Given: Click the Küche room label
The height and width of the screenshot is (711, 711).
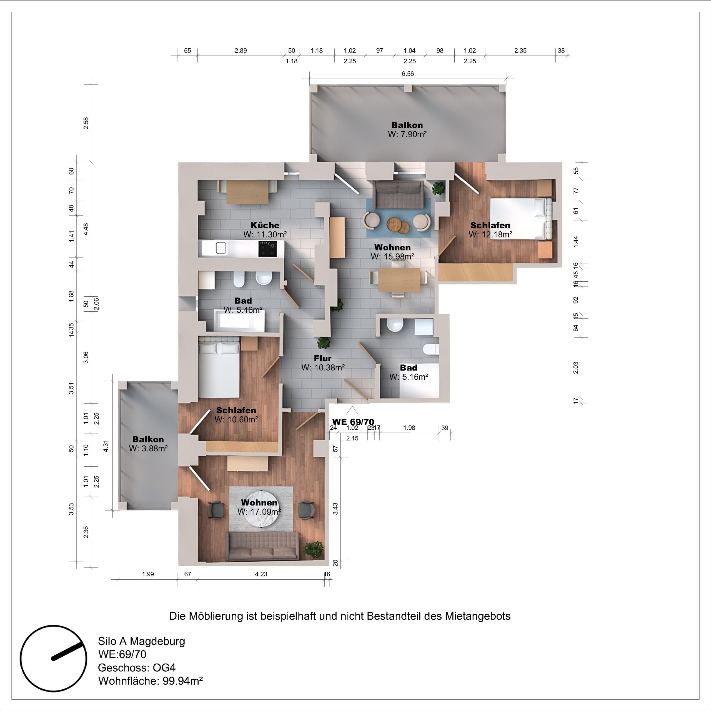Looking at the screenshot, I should (x=265, y=225).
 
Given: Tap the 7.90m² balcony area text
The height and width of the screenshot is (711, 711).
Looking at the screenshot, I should (x=407, y=134).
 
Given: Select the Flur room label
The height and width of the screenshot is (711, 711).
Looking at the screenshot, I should (x=322, y=358).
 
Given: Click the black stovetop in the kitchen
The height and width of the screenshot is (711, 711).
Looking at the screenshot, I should (x=267, y=249).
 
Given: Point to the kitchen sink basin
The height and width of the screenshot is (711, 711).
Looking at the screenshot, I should (x=221, y=248).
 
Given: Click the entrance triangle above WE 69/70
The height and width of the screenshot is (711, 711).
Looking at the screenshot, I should (x=352, y=411).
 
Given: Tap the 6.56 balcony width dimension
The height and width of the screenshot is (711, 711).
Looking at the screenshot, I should (x=407, y=74).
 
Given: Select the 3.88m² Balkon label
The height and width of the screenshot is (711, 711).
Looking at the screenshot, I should (x=148, y=444).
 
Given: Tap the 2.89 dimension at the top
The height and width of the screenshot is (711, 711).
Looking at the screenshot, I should (x=241, y=51).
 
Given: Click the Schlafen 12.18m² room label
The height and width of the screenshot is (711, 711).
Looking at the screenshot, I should (x=490, y=230).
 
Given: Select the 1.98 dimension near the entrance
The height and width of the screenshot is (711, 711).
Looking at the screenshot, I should (x=409, y=428).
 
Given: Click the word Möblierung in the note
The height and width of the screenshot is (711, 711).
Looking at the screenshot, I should (x=216, y=616).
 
